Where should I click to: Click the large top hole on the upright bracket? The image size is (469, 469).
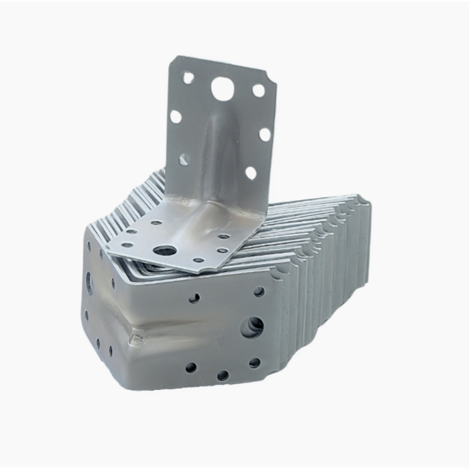(222, 88)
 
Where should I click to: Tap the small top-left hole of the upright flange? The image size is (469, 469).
(188, 78)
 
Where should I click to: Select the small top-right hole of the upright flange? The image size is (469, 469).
(258, 90)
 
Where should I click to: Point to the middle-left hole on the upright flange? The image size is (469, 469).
(175, 116)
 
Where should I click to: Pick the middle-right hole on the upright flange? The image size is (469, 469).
(264, 134)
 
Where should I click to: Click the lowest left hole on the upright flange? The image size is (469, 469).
(184, 159)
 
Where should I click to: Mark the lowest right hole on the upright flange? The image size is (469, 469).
(251, 173)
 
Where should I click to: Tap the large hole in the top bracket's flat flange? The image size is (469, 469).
(165, 251)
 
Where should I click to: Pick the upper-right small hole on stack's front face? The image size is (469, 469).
(259, 292)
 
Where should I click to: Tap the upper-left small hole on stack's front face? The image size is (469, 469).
(194, 298)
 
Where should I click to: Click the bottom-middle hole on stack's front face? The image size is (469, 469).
(223, 375)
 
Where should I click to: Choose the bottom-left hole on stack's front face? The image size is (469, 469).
(191, 368)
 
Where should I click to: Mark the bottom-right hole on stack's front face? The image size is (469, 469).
(255, 363)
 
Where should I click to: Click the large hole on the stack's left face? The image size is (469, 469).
(89, 283)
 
